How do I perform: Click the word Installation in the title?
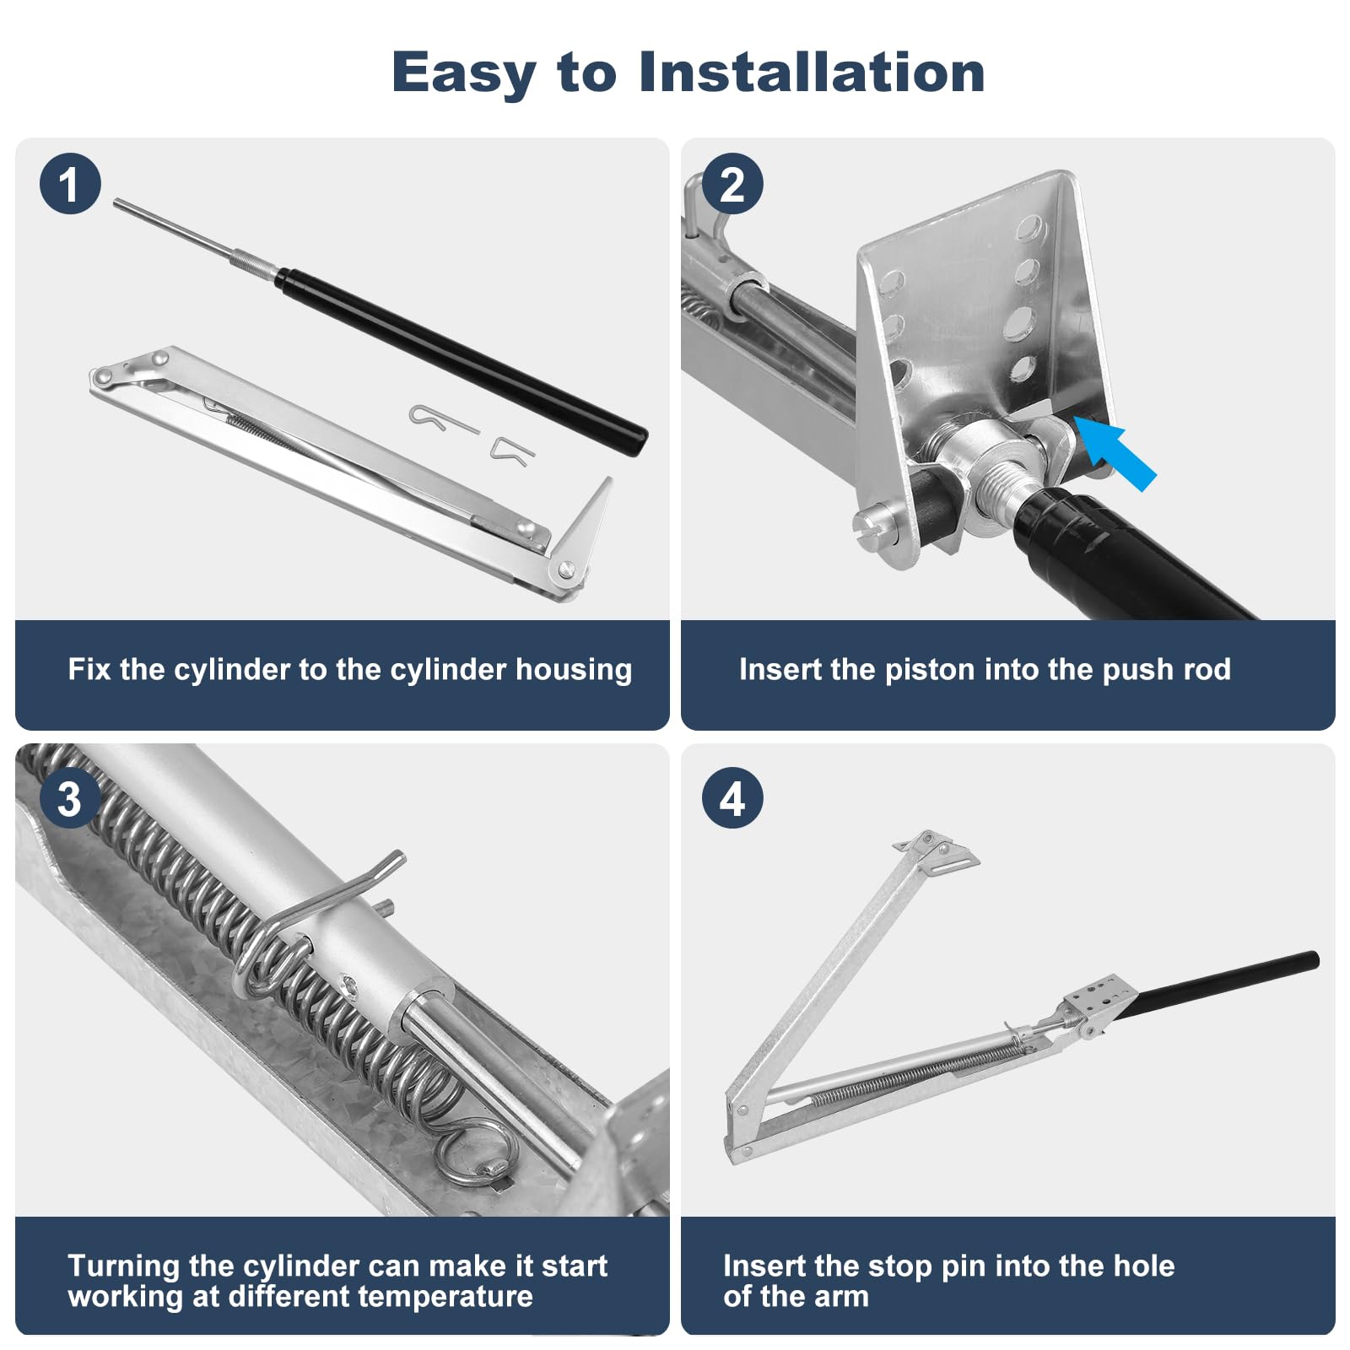tap(812, 72)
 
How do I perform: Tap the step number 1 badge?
tap(70, 183)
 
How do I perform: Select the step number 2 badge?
tap(732, 183)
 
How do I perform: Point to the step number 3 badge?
tap(70, 797)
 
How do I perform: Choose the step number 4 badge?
tap(732, 797)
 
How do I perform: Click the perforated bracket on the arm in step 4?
tap(1096, 1001)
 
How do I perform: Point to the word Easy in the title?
tap(463, 73)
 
